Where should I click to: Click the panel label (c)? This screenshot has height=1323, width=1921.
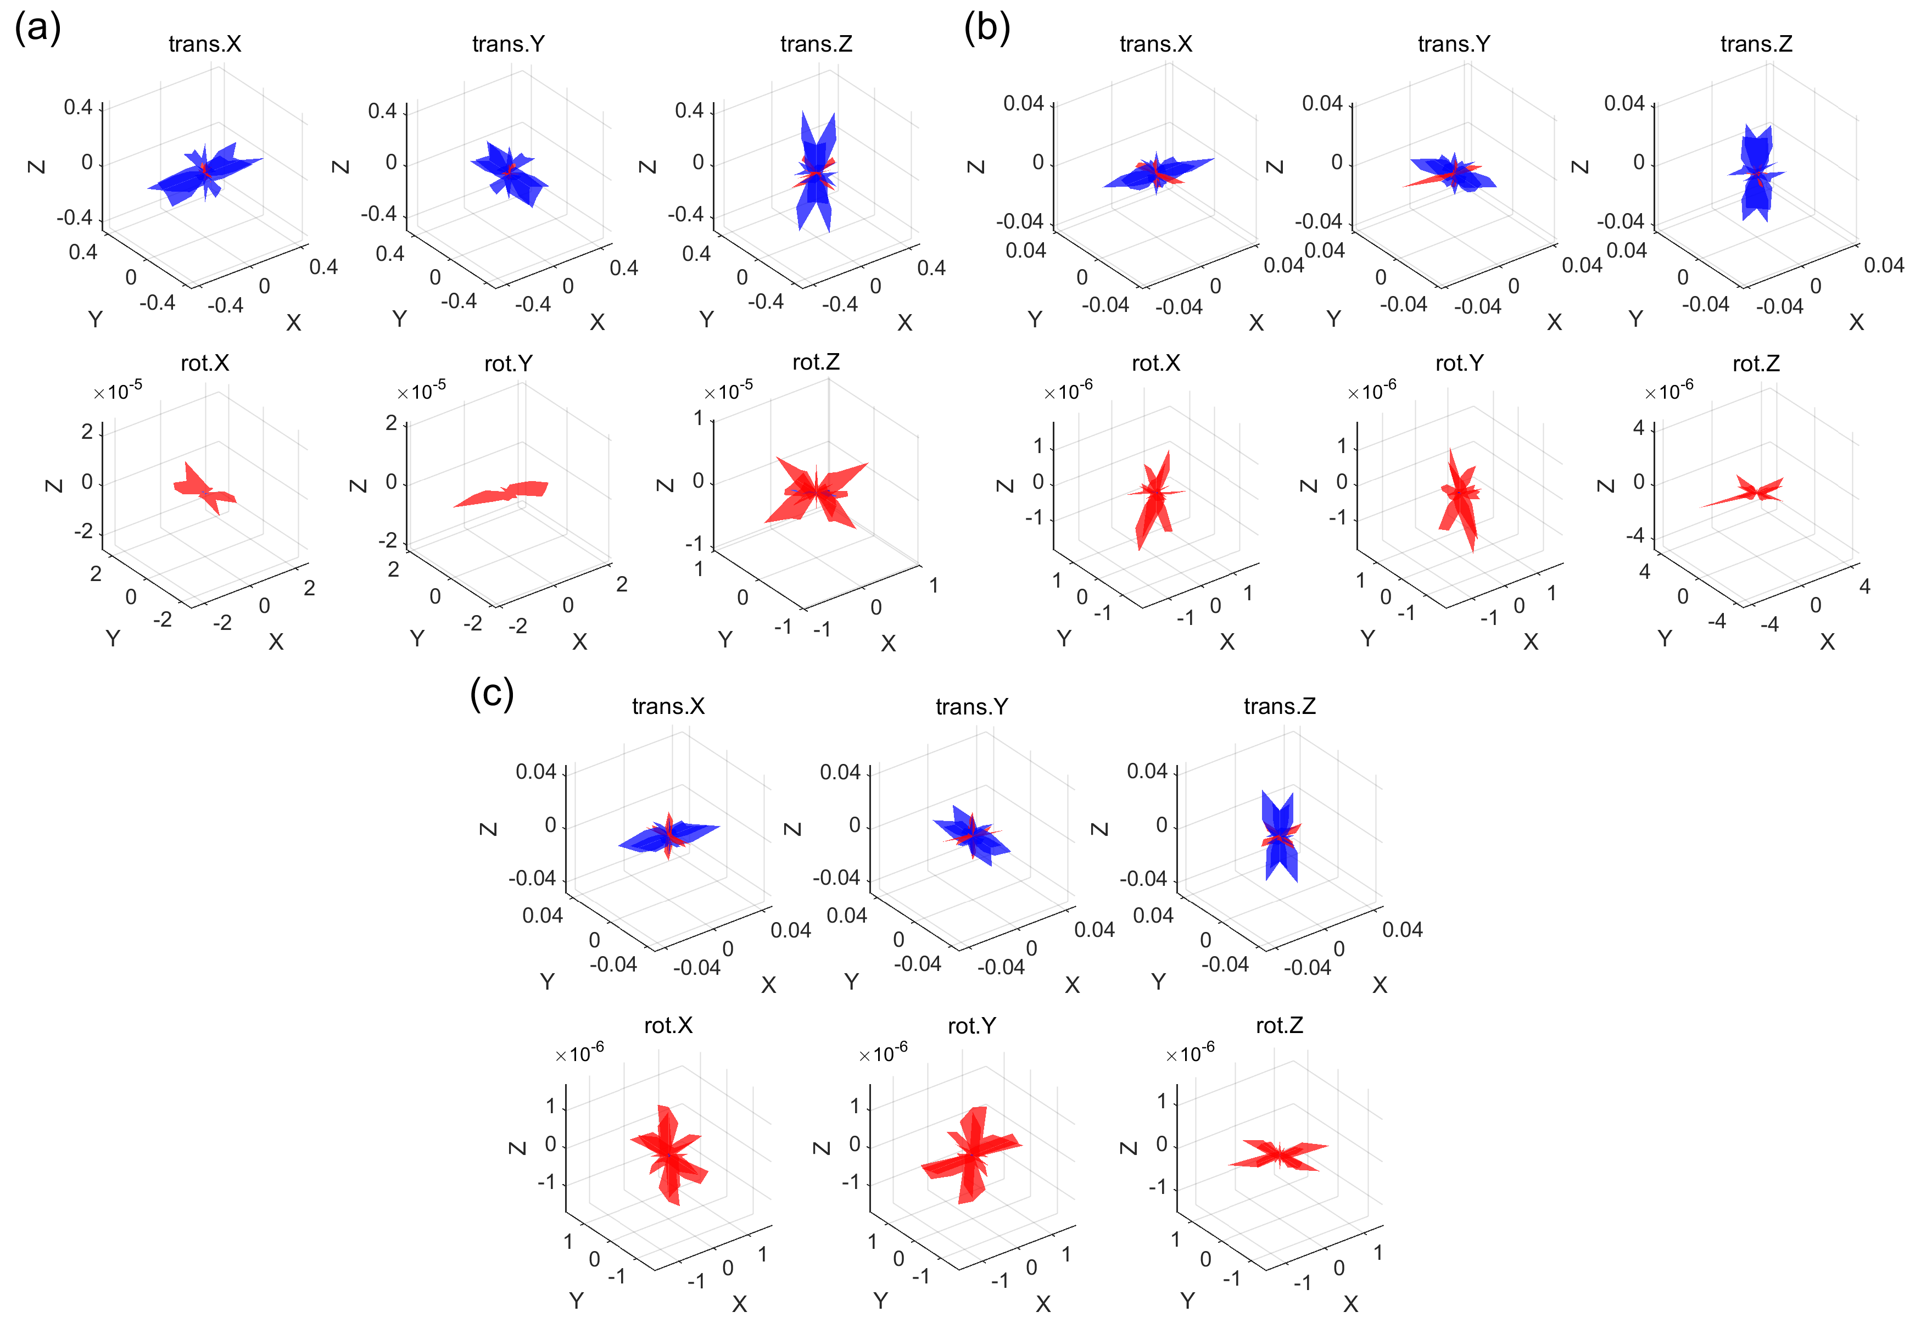(x=492, y=692)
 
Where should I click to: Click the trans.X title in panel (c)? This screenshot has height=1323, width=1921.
(x=668, y=706)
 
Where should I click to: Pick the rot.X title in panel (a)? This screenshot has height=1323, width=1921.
(x=205, y=363)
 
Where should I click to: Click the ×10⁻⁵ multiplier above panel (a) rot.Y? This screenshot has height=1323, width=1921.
(x=421, y=390)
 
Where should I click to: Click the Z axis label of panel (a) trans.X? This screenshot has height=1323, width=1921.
(x=36, y=166)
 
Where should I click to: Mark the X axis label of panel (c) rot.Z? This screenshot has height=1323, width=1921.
(x=1350, y=1304)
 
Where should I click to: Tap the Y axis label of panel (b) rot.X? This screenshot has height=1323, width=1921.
(x=1064, y=638)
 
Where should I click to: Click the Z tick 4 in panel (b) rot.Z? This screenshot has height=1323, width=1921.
(x=1638, y=428)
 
